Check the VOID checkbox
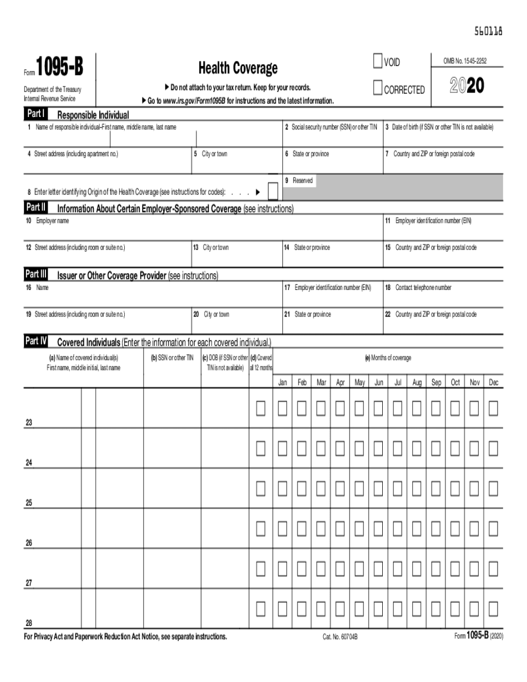378,62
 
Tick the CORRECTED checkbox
378,88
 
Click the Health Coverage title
238,68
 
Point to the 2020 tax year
467,85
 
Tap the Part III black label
36,274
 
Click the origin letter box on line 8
273,191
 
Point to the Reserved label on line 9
302,181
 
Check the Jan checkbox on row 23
282,409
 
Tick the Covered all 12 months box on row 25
261,488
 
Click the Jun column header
378,383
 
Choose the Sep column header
436,383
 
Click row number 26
29,543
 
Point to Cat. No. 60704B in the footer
340,637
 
